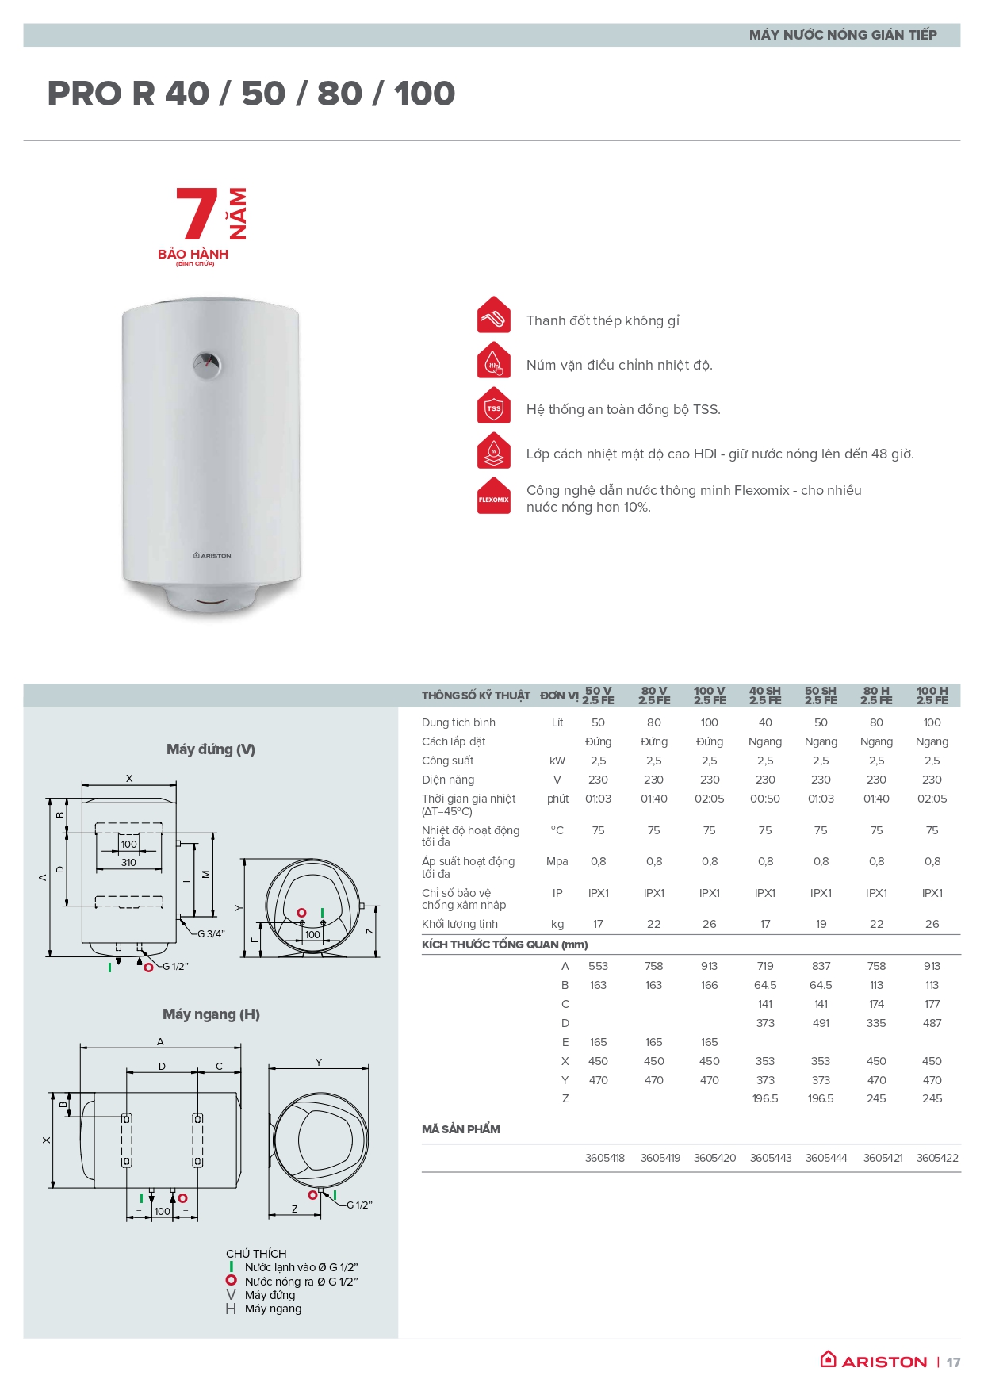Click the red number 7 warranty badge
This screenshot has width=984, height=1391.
pos(196,213)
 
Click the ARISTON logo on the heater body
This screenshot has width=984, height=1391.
pos(212,555)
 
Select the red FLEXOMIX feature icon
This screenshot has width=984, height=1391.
pos(493,497)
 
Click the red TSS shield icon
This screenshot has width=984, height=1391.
pos(493,408)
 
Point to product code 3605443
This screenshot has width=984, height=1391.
pos(770,1158)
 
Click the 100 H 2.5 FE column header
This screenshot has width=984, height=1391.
pos(932,695)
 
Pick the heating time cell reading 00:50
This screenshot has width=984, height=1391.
pos(764,799)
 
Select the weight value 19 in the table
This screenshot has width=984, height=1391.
pos(821,924)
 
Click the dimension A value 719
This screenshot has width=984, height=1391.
pos(764,966)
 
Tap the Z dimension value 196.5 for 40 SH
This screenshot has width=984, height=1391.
pos(764,1098)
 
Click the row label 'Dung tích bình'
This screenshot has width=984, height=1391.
pos(458,722)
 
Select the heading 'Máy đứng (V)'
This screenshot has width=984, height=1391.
pos(211,749)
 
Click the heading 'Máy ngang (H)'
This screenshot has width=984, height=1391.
pos(211,1014)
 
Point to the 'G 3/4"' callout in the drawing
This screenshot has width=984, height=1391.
pos(211,934)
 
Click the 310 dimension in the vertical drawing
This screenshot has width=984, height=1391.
pos(128,863)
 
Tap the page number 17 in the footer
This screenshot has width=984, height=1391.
pos(953,1362)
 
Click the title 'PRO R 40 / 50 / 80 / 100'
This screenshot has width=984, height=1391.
pos(251,94)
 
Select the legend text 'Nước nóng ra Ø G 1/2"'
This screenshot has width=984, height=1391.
pos(301,1282)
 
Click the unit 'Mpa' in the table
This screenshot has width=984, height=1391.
pos(557,861)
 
